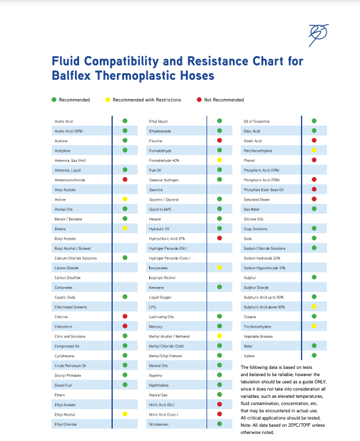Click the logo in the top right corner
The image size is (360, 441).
pyautogui.click(x=319, y=35)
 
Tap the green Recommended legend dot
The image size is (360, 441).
pyautogui.click(x=54, y=100)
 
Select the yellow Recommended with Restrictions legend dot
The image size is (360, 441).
pyautogui.click(x=107, y=100)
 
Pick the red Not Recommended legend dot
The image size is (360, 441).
pyautogui.click(x=199, y=100)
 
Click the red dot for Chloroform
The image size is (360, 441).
pyautogui.click(x=125, y=326)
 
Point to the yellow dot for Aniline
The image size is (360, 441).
pyautogui.click(x=125, y=199)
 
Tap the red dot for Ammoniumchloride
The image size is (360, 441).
pyautogui.click(x=125, y=179)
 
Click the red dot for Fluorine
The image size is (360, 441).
pyautogui.click(x=220, y=141)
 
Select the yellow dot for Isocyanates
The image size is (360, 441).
pyautogui.click(x=220, y=267)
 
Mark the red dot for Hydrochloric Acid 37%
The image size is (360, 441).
pyautogui.click(x=220, y=238)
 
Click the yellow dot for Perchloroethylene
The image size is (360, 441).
pyautogui.click(x=314, y=151)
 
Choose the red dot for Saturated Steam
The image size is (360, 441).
pyautogui.click(x=314, y=199)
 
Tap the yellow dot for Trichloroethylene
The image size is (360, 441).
pyautogui.click(x=314, y=326)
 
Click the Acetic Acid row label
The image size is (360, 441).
pyautogui.click(x=64, y=121)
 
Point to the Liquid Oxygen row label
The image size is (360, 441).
pyautogui.click(x=160, y=297)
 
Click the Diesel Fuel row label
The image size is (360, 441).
pyautogui.click(x=64, y=385)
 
